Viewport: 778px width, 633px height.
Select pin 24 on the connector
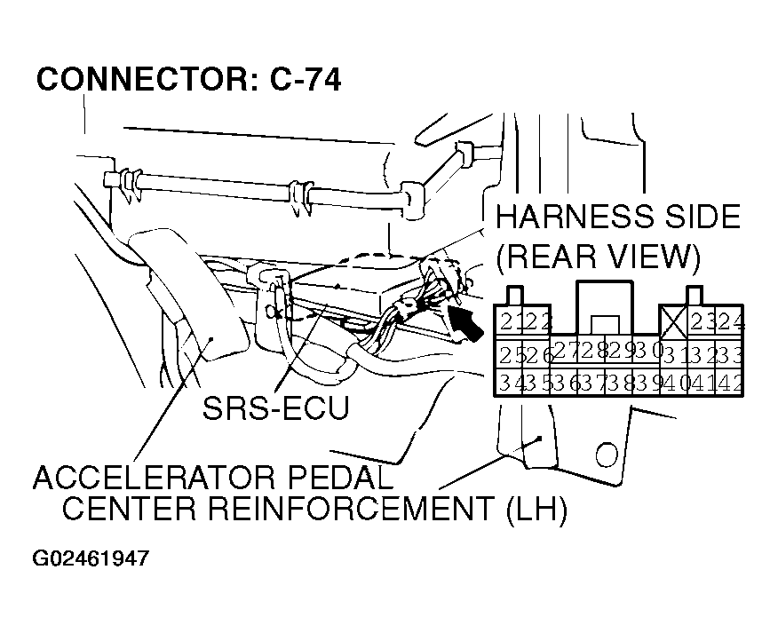(x=732, y=321)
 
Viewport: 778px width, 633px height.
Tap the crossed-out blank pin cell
(x=673, y=320)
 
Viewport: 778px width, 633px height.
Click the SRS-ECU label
(x=274, y=408)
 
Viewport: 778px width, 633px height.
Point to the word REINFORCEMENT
(x=370, y=510)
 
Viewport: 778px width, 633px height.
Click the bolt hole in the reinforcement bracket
(x=607, y=455)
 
